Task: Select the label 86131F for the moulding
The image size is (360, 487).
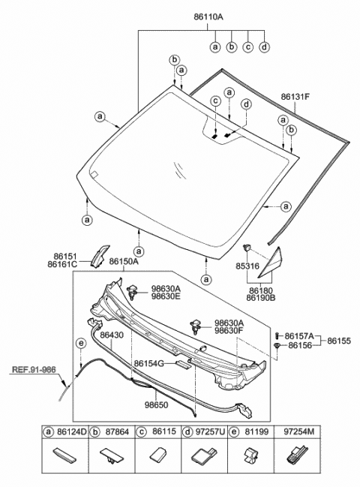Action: [296, 97]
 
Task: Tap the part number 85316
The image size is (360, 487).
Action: [248, 266]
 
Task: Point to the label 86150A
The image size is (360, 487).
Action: [124, 262]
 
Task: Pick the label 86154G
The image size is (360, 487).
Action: [149, 363]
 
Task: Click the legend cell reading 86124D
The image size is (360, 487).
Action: [67, 433]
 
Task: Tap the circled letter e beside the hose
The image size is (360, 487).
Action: [81, 342]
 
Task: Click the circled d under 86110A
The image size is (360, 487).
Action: [264, 47]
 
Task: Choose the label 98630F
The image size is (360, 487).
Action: [229, 329]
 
